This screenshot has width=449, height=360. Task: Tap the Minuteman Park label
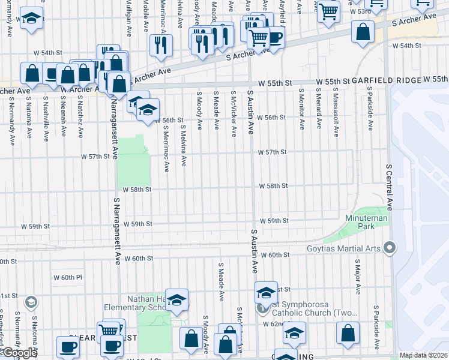click(x=360, y=222)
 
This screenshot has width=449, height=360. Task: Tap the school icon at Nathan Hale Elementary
click(x=177, y=300)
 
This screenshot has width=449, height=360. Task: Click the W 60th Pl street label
click(x=67, y=277)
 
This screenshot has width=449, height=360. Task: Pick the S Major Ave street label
click(x=357, y=277)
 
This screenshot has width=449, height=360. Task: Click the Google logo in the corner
click(x=19, y=353)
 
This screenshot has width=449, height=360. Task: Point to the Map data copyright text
click(x=424, y=355)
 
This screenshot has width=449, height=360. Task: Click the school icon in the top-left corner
click(x=31, y=19)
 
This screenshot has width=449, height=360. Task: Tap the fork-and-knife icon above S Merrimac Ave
click(x=161, y=46)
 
